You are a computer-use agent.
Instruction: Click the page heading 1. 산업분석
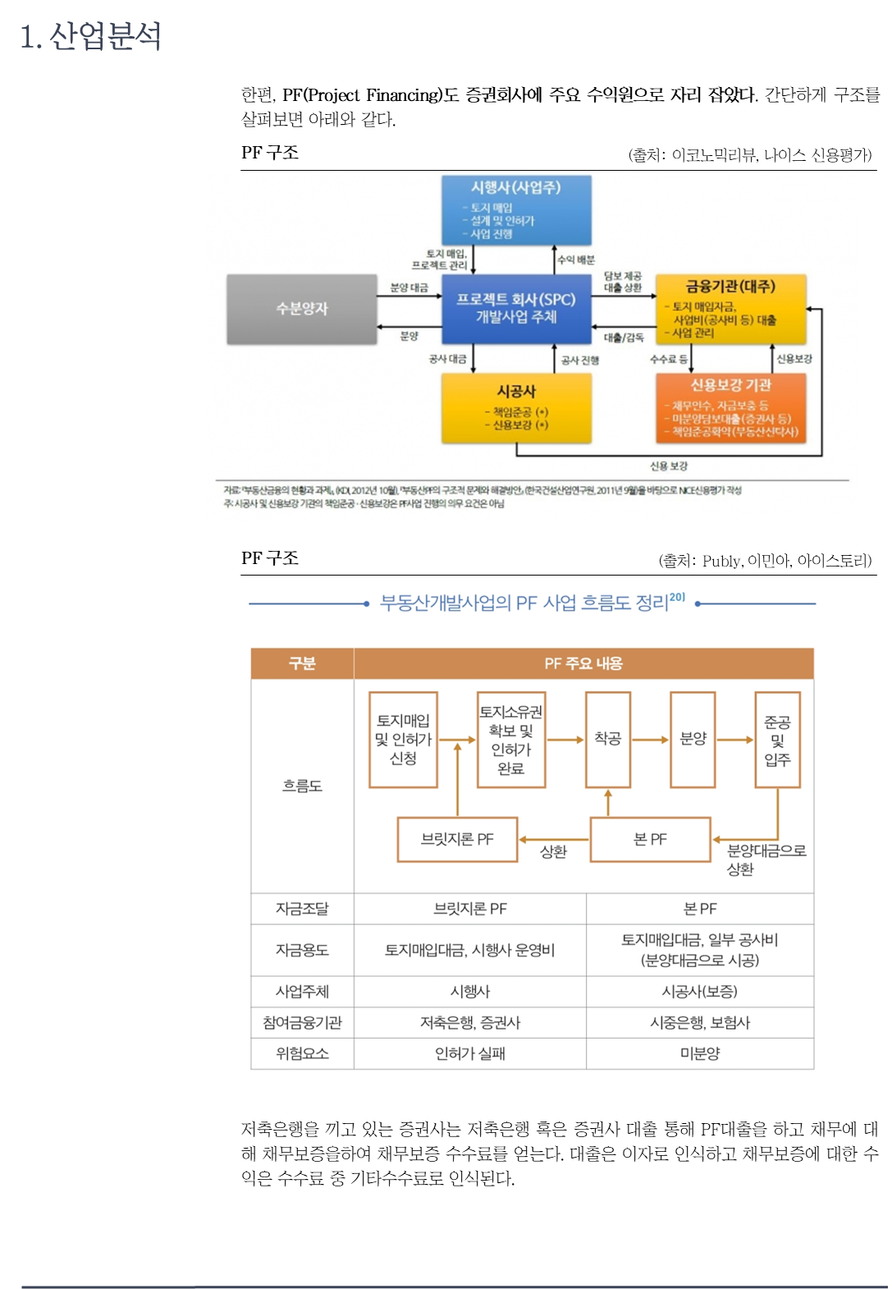(x=90, y=36)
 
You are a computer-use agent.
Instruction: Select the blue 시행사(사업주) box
(x=516, y=209)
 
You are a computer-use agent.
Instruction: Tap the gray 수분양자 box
(x=301, y=309)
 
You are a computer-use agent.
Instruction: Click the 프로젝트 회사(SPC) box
(x=516, y=309)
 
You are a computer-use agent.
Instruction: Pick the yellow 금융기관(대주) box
(x=730, y=309)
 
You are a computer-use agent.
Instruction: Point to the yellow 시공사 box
(x=516, y=407)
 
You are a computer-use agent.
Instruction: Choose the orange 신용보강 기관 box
(x=730, y=407)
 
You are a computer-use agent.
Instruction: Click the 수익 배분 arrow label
(x=576, y=259)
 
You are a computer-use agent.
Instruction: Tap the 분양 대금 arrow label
(x=409, y=287)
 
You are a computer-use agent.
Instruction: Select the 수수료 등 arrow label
(x=668, y=359)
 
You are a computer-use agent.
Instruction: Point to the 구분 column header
(x=302, y=663)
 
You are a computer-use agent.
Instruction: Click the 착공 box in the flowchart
(x=608, y=739)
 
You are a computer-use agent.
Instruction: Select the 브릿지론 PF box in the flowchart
(x=457, y=839)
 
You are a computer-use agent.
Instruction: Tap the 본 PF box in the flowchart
(x=650, y=839)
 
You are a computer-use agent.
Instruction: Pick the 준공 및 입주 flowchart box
(x=777, y=740)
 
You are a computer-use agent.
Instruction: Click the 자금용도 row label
(x=302, y=950)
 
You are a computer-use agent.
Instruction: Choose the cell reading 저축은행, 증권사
(x=470, y=1022)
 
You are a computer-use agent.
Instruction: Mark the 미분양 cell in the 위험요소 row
(x=700, y=1053)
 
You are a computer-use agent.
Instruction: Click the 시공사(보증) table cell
(x=700, y=992)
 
